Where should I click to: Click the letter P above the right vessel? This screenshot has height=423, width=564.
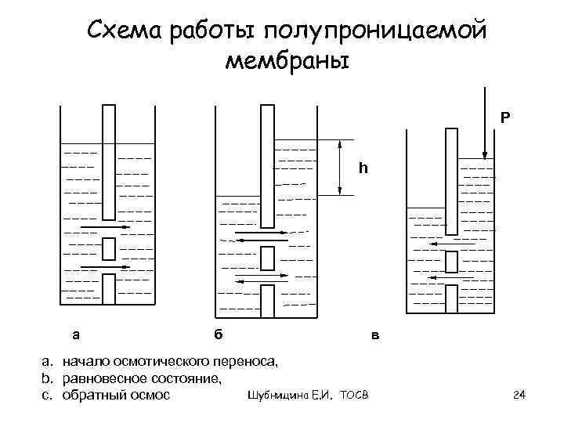pos(505,117)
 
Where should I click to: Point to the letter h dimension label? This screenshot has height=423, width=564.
pos(362,168)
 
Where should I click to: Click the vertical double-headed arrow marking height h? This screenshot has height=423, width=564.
pos(339,168)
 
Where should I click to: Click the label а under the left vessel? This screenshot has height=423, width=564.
pos(75,334)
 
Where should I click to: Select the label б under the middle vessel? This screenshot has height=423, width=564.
pos(219,334)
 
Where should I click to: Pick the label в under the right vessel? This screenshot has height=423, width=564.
pos(375,337)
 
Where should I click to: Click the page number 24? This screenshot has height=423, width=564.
pos(518,394)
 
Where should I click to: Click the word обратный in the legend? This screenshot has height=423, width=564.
pos(92,394)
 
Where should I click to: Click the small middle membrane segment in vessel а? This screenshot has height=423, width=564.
pos(110,248)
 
